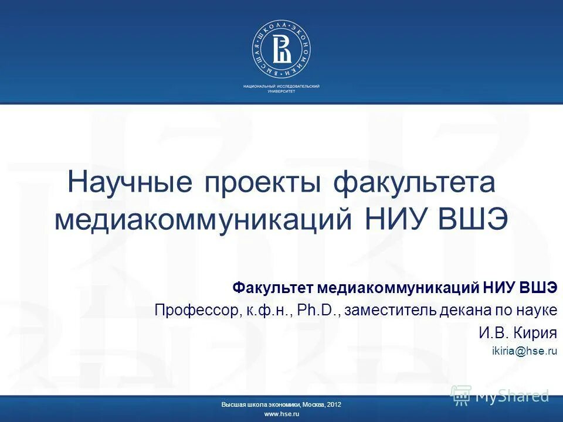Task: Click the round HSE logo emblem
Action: tap(281, 49)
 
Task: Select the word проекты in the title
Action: tap(263, 183)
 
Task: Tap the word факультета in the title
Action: tap(415, 183)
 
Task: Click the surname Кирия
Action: tap(534, 333)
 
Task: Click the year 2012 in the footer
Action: tap(335, 405)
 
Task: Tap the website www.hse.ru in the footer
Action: tap(281, 414)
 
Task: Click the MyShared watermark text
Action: tap(512, 396)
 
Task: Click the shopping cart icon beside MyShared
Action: tap(461, 395)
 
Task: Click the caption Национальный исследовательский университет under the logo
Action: tap(281, 89)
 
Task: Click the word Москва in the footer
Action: tap(315, 405)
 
